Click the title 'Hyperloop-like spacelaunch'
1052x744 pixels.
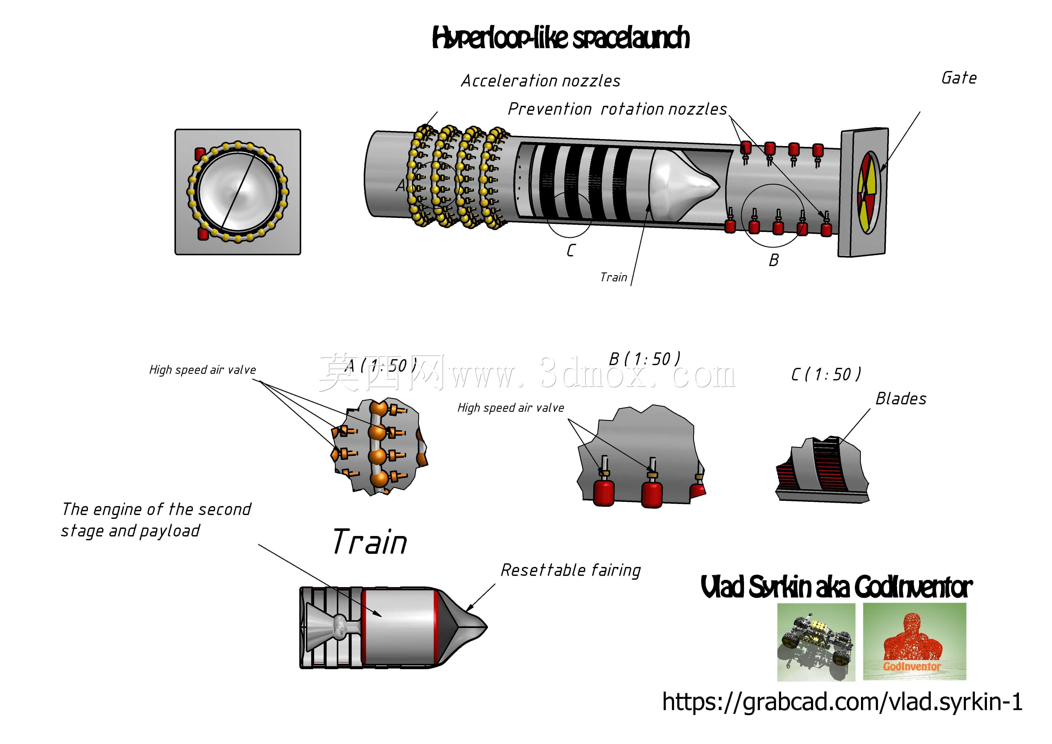[x=561, y=38]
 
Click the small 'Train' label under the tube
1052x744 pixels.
[x=613, y=277]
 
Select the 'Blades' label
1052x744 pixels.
[x=901, y=399]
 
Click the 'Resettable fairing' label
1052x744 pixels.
[x=570, y=570]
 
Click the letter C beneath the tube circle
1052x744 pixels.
[x=570, y=250]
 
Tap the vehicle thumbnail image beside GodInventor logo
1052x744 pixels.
[x=816, y=642]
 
